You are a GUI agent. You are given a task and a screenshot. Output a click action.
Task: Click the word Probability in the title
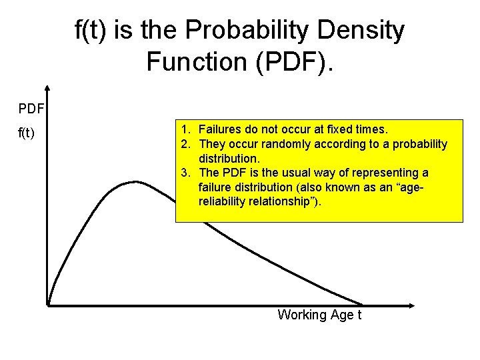point(249,31)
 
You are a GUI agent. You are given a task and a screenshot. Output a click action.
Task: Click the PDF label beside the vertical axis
point(31,107)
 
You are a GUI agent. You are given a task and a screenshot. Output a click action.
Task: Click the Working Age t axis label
point(319,315)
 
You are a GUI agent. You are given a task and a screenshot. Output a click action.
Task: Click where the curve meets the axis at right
point(363,305)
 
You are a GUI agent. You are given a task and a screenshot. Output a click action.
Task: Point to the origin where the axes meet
point(49,305)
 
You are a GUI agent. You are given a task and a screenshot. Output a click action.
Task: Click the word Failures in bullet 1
point(219,129)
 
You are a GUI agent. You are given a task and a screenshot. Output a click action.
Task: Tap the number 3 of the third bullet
point(185,173)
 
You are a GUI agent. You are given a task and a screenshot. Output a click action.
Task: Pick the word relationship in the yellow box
point(281,201)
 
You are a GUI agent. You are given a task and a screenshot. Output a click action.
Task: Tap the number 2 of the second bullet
point(185,144)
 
